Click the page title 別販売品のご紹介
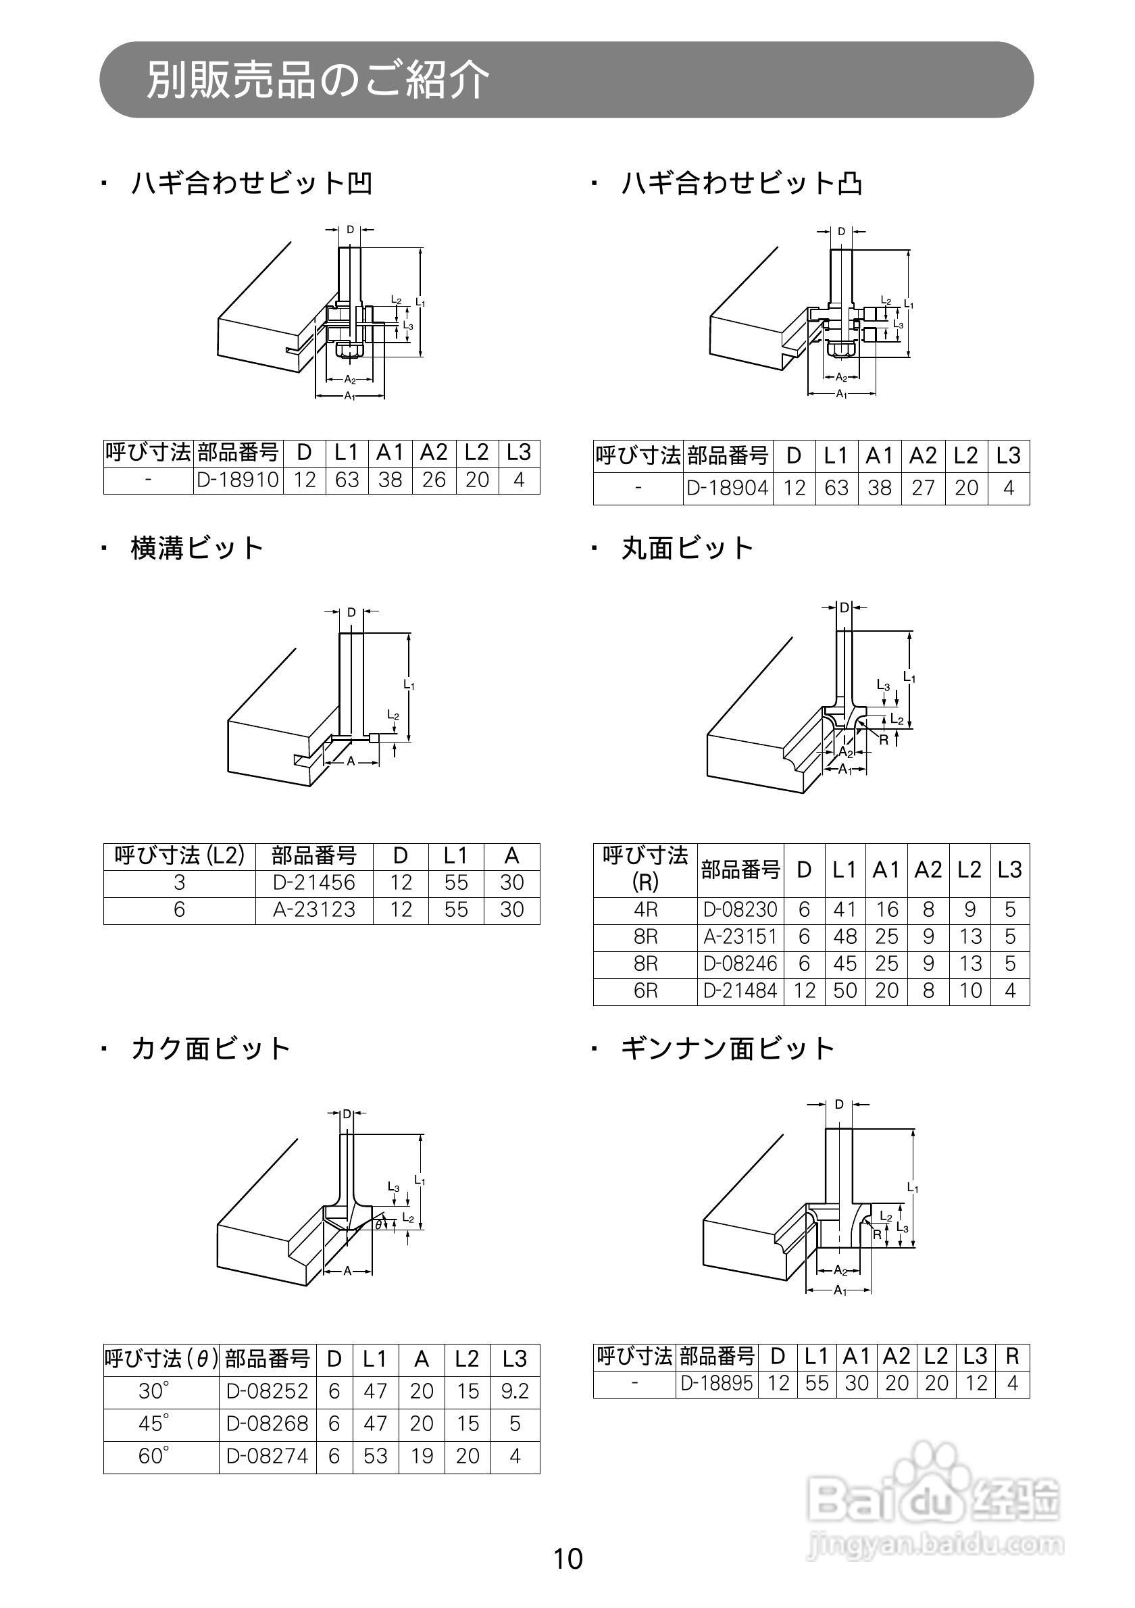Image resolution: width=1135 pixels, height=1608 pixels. click(x=317, y=80)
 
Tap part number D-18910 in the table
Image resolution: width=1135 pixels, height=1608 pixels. click(x=238, y=480)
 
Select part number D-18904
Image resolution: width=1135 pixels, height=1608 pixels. click(x=728, y=488)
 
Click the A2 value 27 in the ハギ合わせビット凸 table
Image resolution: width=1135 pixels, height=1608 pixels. click(x=923, y=488)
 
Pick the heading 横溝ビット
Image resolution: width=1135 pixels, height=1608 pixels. click(x=197, y=549)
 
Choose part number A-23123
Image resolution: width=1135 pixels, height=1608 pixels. click(x=313, y=910)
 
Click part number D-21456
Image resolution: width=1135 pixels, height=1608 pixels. click(x=313, y=882)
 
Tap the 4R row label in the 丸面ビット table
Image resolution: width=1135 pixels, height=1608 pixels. click(x=645, y=910)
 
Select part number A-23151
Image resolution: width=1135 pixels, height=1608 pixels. click(x=740, y=937)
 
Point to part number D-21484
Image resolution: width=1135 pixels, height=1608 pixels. click(x=740, y=991)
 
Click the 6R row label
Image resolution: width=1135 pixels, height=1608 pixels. click(x=645, y=991)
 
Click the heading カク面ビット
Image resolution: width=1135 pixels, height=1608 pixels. click(x=210, y=1049)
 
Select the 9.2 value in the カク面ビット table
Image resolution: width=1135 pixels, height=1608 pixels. click(x=515, y=1391)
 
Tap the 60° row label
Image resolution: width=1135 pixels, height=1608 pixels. click(x=154, y=1457)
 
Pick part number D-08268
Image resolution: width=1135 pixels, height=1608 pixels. click(x=268, y=1424)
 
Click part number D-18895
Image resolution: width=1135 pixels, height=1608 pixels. click(x=717, y=1383)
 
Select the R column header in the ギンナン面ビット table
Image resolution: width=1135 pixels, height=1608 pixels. click(x=1012, y=1357)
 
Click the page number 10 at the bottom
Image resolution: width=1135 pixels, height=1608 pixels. click(x=568, y=1559)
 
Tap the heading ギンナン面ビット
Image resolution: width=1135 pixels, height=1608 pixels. click(x=728, y=1049)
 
